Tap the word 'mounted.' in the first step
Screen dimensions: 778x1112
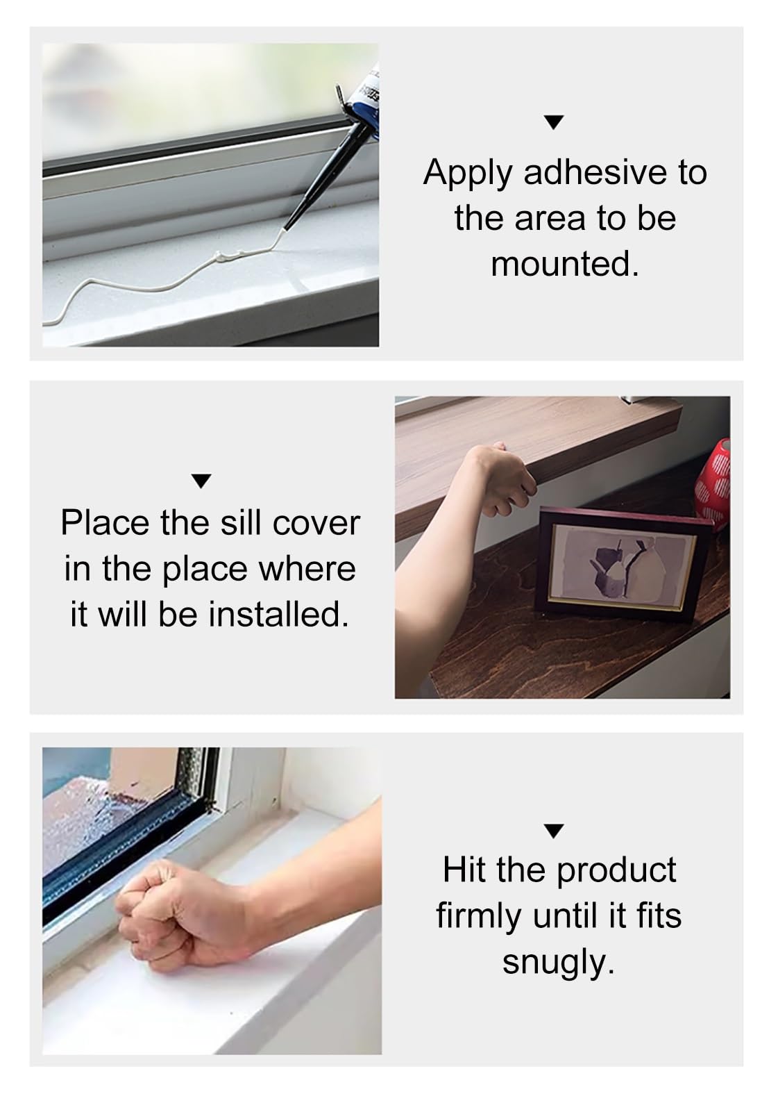pyautogui.click(x=565, y=264)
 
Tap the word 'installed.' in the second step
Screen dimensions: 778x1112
pyautogui.click(x=278, y=615)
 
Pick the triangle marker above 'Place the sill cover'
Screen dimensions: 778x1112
pyautogui.click(x=201, y=481)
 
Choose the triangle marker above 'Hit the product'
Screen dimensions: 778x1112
pyautogui.click(x=554, y=831)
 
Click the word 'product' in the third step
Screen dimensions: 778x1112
pyautogui.click(x=616, y=872)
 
